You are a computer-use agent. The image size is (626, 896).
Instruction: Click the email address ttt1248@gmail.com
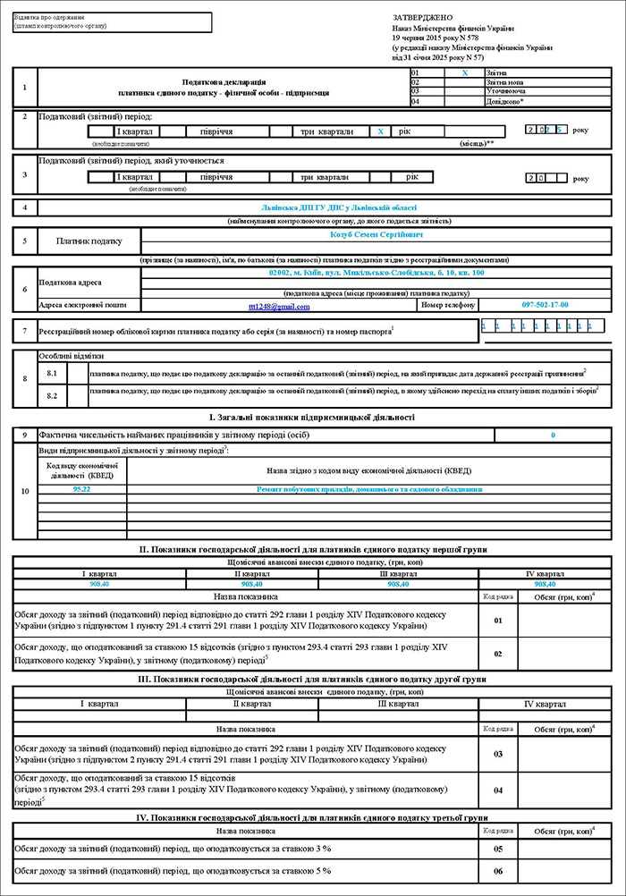coord(279,306)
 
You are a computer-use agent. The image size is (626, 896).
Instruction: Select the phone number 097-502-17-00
coord(545,305)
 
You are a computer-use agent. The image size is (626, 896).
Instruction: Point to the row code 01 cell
coord(499,619)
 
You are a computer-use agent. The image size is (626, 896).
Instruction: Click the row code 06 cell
coord(499,870)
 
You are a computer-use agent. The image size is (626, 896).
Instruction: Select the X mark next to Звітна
coord(464,72)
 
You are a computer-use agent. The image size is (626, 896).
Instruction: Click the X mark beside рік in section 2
coord(381,131)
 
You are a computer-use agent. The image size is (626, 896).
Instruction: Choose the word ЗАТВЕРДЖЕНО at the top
coord(422,18)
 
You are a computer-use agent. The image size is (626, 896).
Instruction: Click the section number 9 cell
coord(24,435)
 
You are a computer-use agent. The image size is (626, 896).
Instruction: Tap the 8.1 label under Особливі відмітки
coord(52,371)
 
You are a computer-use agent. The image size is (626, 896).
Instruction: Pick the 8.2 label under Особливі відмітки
coord(52,393)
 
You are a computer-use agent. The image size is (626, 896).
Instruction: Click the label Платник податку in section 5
coord(88,241)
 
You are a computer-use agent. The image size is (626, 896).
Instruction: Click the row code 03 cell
coord(499,754)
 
